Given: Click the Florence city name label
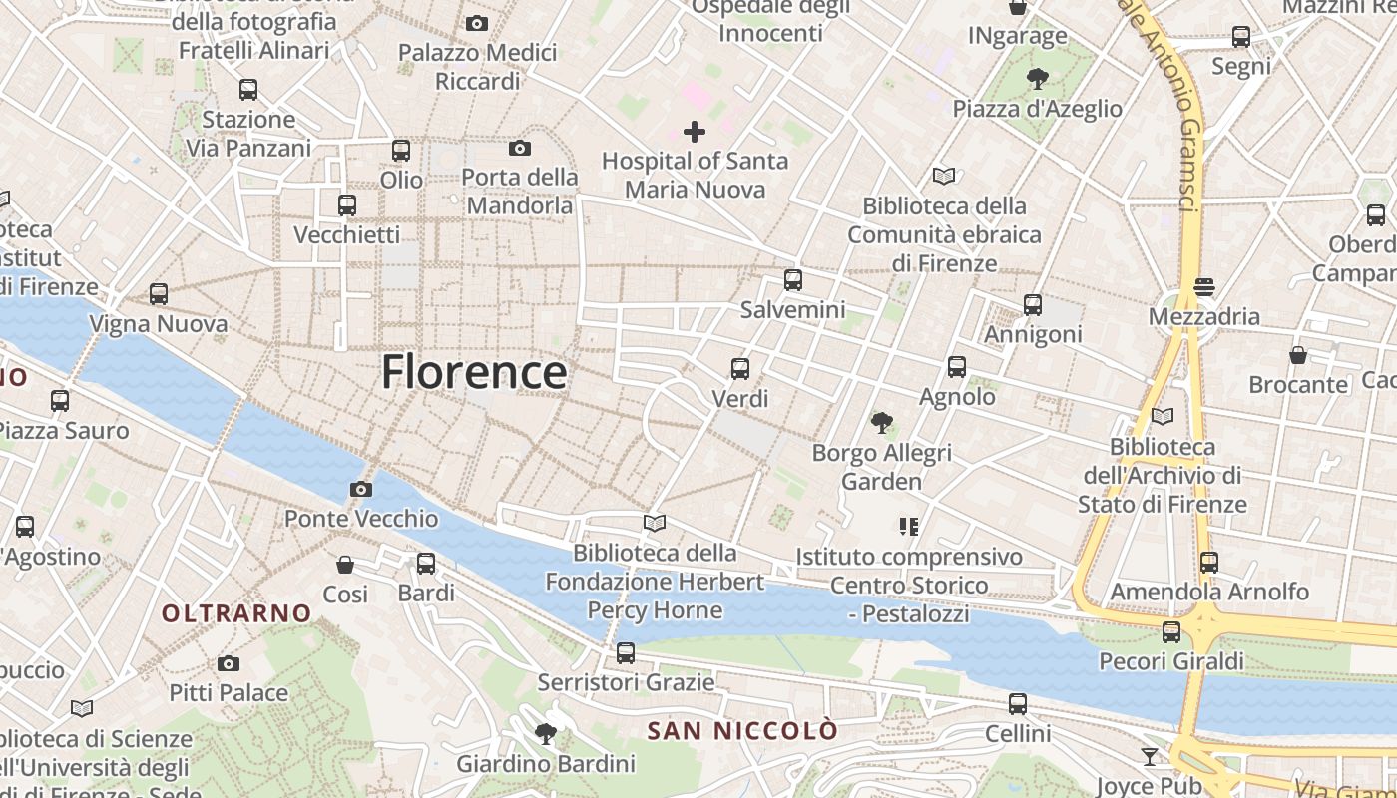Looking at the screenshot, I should point(474,372).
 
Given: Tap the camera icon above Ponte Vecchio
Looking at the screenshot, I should point(361,489).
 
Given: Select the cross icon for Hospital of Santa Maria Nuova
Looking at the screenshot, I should point(695,131).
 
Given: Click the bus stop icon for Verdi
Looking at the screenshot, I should point(740,369).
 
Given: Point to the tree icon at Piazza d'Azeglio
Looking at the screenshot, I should point(1038,79).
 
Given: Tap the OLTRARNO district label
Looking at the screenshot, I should point(236,613).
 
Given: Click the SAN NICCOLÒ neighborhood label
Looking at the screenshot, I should point(742,731).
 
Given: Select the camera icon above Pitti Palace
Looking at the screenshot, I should point(229,663).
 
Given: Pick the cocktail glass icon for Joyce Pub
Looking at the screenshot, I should point(1150,757).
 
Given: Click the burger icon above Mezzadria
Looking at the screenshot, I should point(1204,287).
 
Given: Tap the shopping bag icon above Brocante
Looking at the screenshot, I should point(1298,355).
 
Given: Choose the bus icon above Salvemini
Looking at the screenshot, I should point(793,280).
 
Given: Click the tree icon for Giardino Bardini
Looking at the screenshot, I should point(546,735).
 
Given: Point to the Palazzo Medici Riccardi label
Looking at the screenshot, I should point(477,66).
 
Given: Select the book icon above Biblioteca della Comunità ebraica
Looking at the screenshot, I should point(944,177).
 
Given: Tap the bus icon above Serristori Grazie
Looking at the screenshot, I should point(626,653).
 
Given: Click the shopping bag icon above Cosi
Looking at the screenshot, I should point(345,565).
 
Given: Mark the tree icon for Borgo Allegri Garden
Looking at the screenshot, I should point(881,423).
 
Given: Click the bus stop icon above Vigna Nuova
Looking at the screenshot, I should point(159,294).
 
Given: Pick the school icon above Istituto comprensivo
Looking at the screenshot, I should point(908,526).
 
